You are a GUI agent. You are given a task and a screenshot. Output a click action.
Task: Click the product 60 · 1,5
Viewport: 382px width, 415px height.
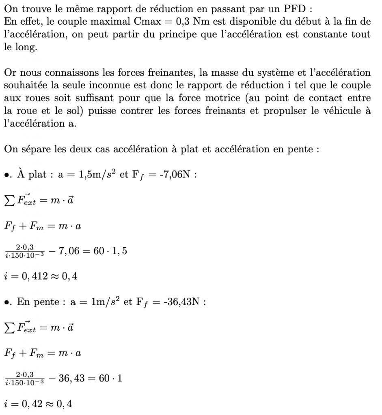click(110, 251)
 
